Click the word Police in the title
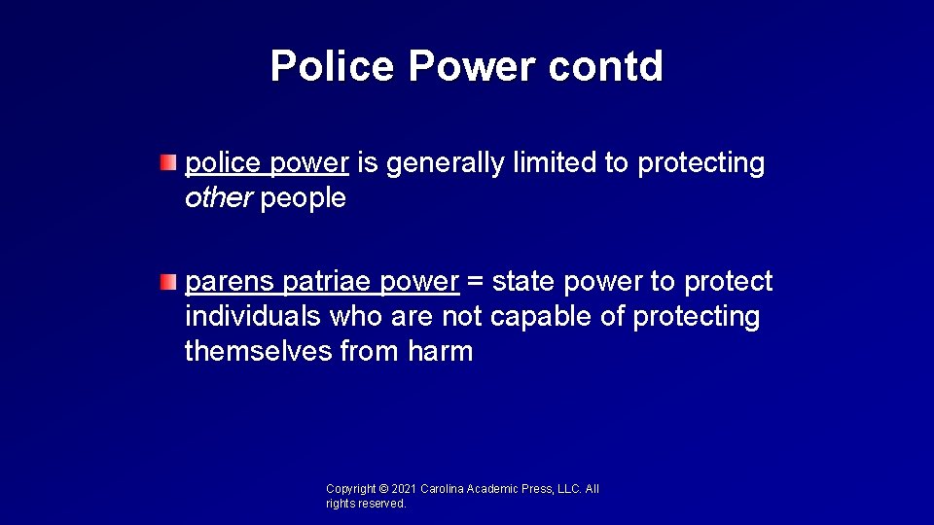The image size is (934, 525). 334,65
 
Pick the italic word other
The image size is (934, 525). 219,198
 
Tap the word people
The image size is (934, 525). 303,198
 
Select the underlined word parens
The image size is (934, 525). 230,283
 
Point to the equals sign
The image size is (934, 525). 475,283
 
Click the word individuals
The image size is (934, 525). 253,317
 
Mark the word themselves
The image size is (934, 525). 258,351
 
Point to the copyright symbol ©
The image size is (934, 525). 383,489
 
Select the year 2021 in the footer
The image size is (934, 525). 404,489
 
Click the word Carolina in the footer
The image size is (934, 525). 444,489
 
